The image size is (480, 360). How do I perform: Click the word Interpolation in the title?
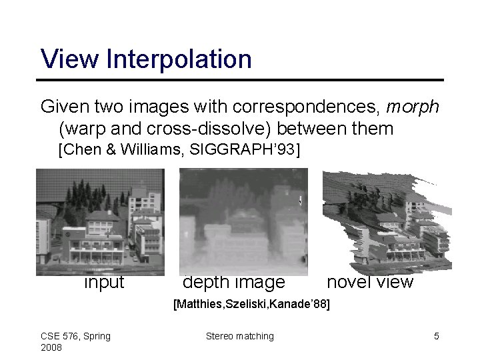179,59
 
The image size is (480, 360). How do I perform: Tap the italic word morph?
412,107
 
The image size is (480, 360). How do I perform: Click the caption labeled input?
103,283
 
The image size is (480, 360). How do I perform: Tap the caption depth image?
233,283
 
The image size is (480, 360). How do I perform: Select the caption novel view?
370,283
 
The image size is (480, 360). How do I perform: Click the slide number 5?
437,336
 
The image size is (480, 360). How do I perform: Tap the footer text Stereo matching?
239,336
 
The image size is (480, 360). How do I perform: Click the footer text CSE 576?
64,336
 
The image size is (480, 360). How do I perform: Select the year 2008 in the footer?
51,348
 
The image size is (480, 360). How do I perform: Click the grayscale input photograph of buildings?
100,222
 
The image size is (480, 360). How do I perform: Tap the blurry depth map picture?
243,222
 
